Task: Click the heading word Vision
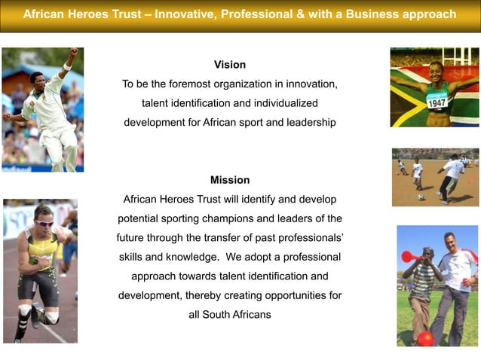(x=229, y=65)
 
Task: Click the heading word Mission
(x=229, y=180)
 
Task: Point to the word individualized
(x=283, y=102)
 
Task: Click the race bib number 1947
(x=437, y=102)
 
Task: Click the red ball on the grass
(x=426, y=338)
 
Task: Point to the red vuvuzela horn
(x=411, y=257)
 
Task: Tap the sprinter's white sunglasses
(x=44, y=222)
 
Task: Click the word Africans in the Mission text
(x=250, y=314)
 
